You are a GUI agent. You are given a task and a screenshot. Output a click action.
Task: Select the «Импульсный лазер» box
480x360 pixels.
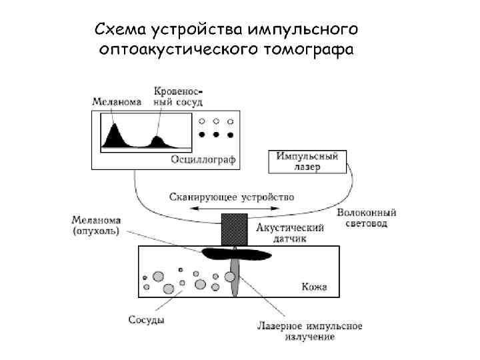click(x=307, y=161)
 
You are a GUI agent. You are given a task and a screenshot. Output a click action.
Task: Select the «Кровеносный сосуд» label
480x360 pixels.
click(x=179, y=96)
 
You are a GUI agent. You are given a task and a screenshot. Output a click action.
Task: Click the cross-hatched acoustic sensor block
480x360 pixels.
click(x=234, y=229)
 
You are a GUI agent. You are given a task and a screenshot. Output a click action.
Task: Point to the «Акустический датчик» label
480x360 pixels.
click(x=291, y=233)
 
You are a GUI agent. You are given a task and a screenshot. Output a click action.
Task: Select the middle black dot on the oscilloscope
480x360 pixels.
click(x=216, y=135)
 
